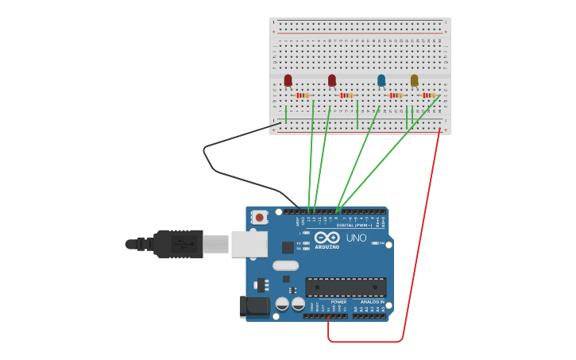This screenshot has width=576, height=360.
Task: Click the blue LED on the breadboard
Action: click(381, 80)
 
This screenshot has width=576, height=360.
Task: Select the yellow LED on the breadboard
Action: click(414, 80)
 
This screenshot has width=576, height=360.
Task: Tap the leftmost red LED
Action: click(288, 80)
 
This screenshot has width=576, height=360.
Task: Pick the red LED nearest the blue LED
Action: click(332, 80)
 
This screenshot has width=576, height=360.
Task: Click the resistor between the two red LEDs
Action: click(302, 95)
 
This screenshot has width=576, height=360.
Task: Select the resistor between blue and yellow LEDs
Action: click(395, 95)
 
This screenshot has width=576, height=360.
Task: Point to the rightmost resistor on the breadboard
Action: click(428, 95)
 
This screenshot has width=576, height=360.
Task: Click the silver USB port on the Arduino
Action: click(249, 244)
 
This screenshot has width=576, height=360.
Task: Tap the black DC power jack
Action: click(253, 306)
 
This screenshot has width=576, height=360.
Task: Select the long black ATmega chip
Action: click(346, 287)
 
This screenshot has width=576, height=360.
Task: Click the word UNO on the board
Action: click(356, 238)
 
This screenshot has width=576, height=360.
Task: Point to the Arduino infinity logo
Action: click(327, 237)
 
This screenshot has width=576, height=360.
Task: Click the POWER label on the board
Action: click(338, 302)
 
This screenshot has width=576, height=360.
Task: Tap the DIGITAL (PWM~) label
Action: click(351, 226)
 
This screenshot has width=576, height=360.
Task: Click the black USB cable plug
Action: click(179, 244)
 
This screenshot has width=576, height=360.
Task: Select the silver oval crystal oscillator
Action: click(285, 265)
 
